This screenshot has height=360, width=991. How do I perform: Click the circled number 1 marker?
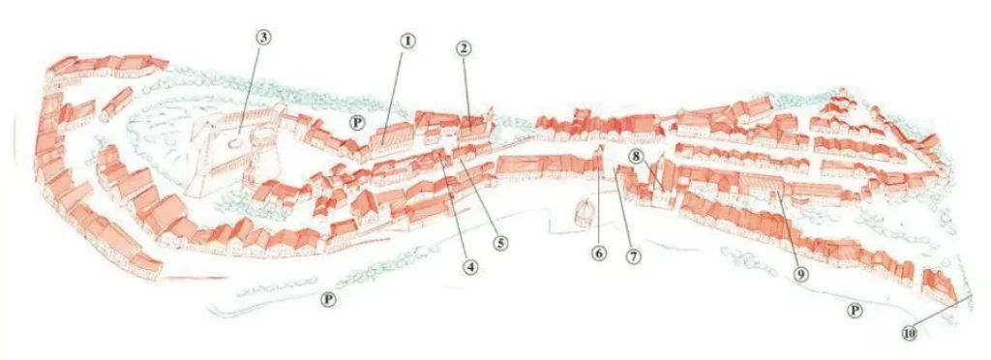407,41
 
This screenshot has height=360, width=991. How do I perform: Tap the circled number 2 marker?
464,47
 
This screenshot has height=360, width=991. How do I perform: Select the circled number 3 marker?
263,38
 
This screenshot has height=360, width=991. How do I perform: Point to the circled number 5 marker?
501,243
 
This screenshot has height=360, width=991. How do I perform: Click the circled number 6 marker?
598,254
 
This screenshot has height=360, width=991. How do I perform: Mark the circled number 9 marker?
801,274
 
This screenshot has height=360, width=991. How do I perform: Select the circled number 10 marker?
910,334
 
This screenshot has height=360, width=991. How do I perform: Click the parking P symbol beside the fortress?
357,123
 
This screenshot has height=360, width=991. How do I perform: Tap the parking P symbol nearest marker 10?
855,310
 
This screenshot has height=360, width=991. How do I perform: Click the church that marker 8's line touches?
664,182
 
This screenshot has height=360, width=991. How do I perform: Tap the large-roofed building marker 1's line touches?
391,138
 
